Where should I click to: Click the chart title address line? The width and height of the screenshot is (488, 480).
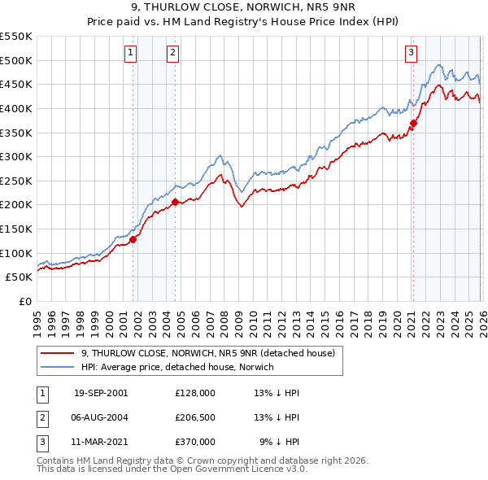click(x=243, y=9)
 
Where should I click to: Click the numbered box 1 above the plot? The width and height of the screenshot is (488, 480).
click(x=131, y=53)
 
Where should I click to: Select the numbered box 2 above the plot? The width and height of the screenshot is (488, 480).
click(x=173, y=53)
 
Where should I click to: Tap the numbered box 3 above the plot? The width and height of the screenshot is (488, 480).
click(x=411, y=53)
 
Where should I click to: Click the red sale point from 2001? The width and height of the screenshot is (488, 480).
click(x=133, y=239)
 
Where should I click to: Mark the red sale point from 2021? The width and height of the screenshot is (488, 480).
click(x=413, y=123)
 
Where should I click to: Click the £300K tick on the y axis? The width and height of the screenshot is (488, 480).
click(x=18, y=156)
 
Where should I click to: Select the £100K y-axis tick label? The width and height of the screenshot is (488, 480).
click(x=18, y=253)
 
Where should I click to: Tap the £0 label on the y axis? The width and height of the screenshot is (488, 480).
click(x=24, y=301)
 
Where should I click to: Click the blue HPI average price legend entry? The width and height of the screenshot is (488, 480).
click(x=177, y=367)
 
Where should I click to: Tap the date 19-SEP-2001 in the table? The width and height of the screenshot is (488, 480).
click(x=101, y=392)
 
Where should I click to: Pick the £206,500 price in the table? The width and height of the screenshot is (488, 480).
click(x=195, y=417)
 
